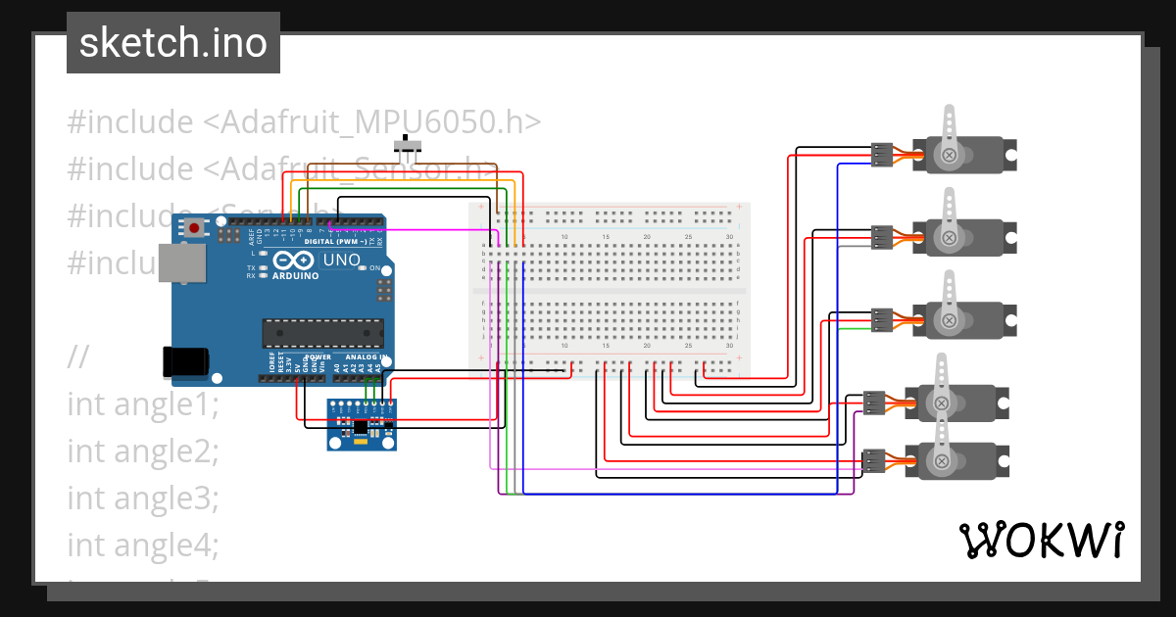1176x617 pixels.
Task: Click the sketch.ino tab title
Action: tap(173, 43)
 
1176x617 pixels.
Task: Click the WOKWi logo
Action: tap(1040, 540)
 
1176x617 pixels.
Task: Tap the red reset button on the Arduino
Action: tap(195, 228)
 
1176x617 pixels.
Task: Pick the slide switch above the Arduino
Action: tap(408, 148)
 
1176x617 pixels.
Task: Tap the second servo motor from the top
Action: tap(964, 236)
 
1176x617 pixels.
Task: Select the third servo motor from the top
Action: tap(964, 318)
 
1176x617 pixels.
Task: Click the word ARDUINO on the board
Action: tap(295, 276)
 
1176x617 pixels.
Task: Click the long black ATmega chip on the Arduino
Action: tap(322, 333)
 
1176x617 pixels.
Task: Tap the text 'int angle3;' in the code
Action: tap(143, 498)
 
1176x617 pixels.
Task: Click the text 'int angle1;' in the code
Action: tap(143, 403)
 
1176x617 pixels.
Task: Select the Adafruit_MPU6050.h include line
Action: tap(304, 122)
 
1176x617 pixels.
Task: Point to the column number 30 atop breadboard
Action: tap(729, 237)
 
